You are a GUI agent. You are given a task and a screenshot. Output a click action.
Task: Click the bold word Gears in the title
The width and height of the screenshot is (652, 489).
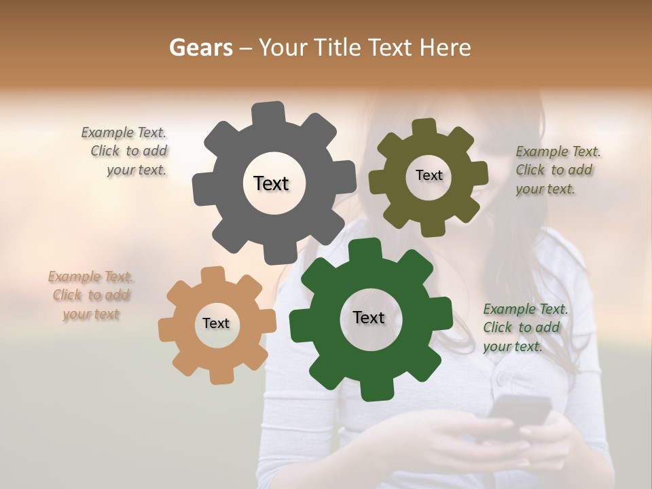(x=200, y=48)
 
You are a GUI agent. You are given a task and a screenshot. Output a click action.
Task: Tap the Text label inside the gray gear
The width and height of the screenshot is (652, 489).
(x=271, y=183)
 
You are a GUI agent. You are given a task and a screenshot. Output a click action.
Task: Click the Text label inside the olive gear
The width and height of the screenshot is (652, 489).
(x=429, y=175)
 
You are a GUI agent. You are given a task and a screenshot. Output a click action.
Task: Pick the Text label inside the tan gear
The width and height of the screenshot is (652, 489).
(x=216, y=323)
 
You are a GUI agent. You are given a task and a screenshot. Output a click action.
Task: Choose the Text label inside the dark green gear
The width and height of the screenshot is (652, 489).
(x=369, y=317)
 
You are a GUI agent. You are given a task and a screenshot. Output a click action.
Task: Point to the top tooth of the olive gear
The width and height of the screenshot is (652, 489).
(x=424, y=128)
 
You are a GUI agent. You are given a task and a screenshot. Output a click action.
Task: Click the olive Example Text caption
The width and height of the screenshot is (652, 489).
(x=557, y=170)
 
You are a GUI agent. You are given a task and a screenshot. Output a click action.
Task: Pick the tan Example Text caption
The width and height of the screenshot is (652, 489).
(x=91, y=295)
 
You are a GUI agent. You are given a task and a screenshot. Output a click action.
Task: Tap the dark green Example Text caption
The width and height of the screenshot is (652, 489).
(x=524, y=327)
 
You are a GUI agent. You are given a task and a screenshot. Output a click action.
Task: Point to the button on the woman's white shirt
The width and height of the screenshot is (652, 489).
(x=501, y=377)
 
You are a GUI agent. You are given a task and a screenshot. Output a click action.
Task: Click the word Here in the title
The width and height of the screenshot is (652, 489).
(x=446, y=48)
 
